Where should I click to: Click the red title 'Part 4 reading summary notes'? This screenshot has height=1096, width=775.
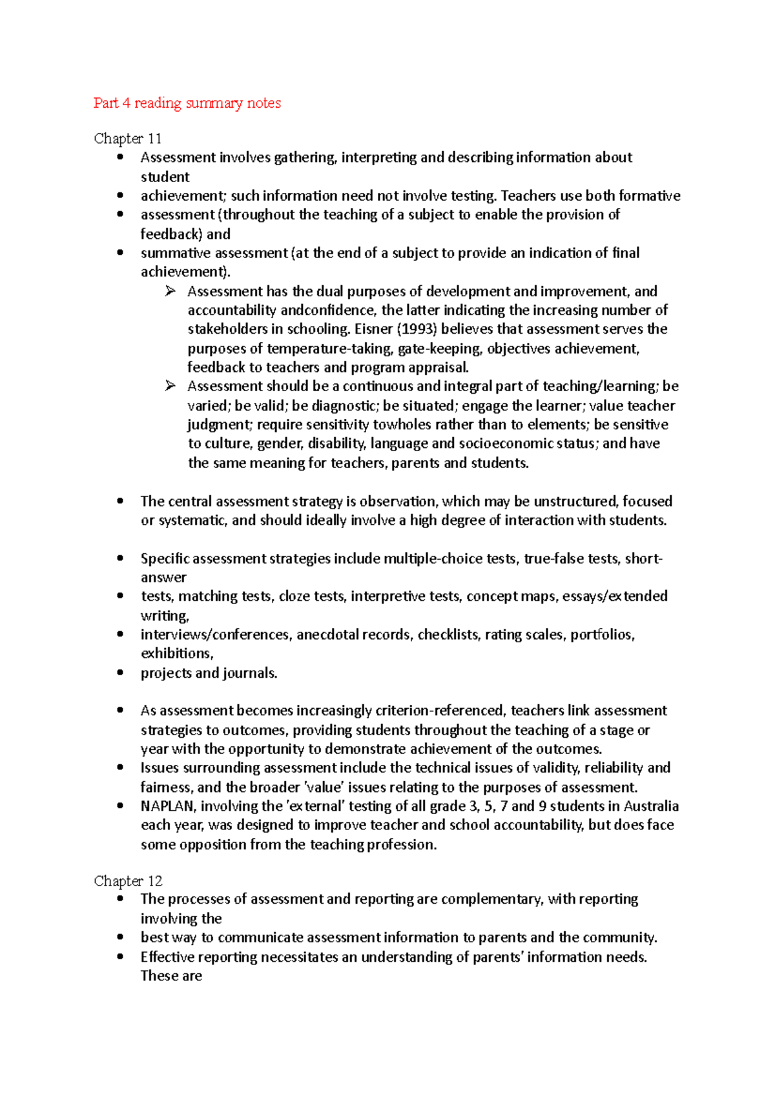[187, 103]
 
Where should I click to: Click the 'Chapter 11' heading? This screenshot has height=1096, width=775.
[128, 139]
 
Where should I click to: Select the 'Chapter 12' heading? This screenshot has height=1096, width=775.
[128, 881]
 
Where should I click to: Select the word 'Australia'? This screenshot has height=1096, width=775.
[652, 806]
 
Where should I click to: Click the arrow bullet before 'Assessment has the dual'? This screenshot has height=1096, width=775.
[170, 291]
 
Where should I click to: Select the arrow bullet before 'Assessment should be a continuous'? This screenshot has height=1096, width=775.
[170, 386]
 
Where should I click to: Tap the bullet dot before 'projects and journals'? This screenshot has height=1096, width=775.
[120, 673]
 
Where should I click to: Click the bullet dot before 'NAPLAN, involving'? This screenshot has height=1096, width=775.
[120, 806]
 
